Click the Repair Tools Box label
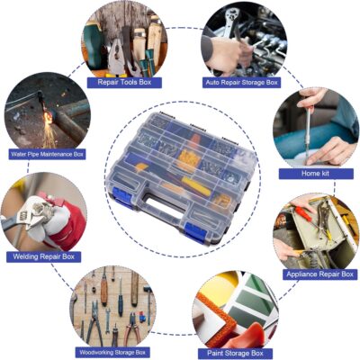click(124, 83)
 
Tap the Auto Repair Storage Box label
click(241, 83)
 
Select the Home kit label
click(316, 174)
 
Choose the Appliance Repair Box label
click(319, 274)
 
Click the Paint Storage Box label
click(235, 354)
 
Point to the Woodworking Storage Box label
click(112, 352)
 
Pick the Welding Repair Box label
click(44, 256)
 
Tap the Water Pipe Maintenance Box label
click(47, 154)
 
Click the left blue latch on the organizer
click(122, 197)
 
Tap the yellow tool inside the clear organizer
click(196, 185)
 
